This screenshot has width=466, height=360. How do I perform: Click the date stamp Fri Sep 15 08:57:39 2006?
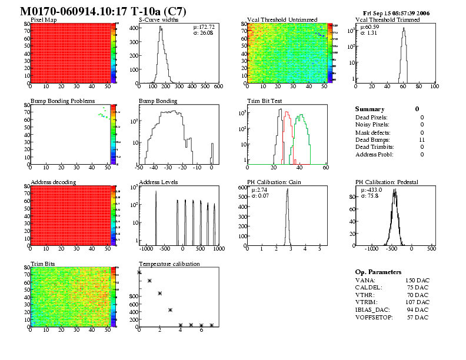click(397, 12)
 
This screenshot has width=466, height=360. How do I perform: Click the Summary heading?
click(370, 109)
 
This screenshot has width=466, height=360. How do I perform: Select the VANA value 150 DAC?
click(417, 280)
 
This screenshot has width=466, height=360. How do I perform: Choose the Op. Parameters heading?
click(378, 272)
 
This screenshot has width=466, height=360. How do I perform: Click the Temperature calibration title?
click(169, 264)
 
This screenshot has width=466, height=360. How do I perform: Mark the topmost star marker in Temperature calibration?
click(139, 272)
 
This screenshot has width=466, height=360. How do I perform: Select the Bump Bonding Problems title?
click(62, 101)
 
